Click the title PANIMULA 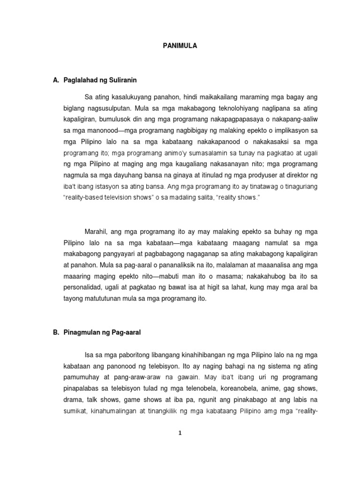tap(180, 46)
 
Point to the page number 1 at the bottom tap(180, 433)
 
